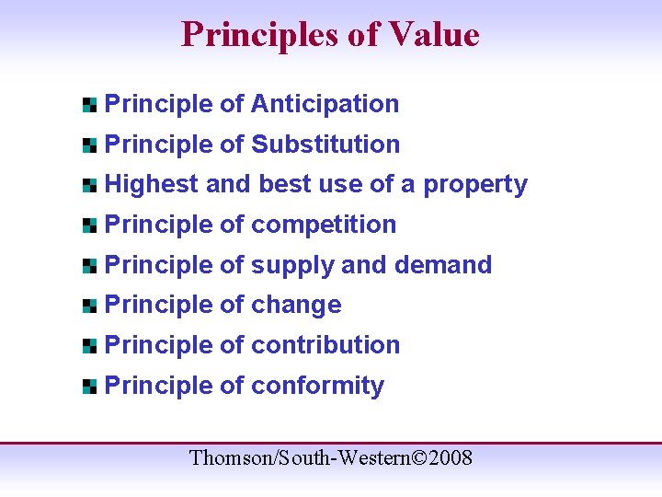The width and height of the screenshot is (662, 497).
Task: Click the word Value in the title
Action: [435, 35]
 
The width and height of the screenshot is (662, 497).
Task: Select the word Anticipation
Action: [325, 104]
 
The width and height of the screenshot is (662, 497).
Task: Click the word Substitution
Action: [325, 144]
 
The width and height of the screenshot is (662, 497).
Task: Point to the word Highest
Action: [152, 184]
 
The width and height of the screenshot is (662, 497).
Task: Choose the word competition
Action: [324, 225]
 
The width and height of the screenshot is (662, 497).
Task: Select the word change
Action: [296, 306]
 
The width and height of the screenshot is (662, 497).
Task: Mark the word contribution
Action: [325, 345]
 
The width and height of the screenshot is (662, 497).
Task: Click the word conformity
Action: [317, 386]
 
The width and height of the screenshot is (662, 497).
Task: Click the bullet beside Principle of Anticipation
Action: [89, 105]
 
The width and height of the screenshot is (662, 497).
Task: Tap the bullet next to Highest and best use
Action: [89, 185]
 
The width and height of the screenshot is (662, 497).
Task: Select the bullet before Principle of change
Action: [89, 306]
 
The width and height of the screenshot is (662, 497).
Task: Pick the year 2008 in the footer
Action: [450, 457]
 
